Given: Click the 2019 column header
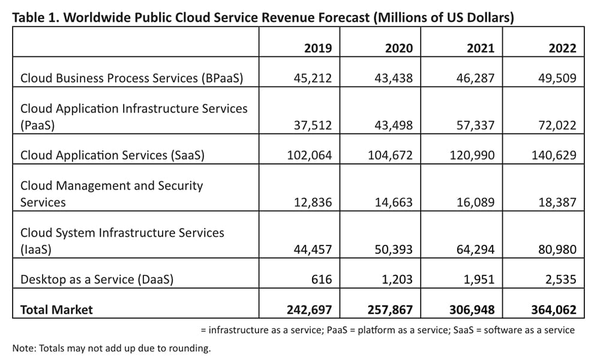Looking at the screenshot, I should pos(317,49).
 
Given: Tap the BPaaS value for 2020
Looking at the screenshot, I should pos(391,78).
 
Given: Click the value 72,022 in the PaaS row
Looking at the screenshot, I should pos(554,125).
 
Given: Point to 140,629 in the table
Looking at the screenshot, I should pos(554,155).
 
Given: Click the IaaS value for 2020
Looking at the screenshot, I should pos(391,250).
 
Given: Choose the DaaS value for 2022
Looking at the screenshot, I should pos(558,280).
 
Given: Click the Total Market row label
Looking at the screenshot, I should pos(57,310).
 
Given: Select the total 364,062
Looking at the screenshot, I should pos(554,310).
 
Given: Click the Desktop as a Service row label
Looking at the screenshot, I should pos(97,280).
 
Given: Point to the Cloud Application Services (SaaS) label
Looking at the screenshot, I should pos(113,155).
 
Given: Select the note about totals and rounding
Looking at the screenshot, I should pos(112,348).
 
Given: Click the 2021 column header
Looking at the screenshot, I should pos(481,49).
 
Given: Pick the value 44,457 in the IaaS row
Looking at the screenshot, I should pos(310,250).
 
